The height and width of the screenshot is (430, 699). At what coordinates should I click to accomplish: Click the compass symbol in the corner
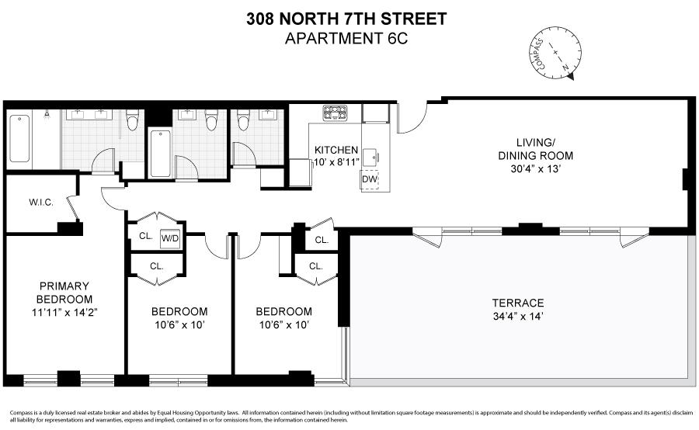click(555, 53)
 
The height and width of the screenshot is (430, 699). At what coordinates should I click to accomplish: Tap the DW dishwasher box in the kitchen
click(370, 179)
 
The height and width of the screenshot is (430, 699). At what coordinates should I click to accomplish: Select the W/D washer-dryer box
click(170, 238)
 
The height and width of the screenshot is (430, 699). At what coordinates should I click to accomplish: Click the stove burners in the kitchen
click(336, 113)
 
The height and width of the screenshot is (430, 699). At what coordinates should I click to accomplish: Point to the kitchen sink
click(370, 157)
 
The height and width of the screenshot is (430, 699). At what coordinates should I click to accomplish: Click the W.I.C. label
click(41, 203)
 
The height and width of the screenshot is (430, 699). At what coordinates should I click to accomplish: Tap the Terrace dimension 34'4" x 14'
click(518, 317)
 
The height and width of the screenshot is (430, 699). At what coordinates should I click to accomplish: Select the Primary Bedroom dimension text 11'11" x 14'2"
click(64, 312)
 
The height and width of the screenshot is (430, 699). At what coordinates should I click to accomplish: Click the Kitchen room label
click(336, 150)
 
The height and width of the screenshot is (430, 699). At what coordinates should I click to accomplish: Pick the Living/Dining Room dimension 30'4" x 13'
click(535, 169)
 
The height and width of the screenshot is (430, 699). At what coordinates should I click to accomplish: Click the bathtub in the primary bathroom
click(19, 138)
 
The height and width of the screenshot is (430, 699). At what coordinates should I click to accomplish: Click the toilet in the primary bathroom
click(132, 120)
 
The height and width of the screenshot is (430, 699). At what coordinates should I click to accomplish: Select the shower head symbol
click(47, 115)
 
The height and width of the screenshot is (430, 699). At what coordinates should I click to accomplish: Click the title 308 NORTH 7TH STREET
click(347, 19)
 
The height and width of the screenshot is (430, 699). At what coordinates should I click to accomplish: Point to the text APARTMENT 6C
click(346, 39)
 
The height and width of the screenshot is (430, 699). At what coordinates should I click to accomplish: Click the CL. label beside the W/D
click(146, 236)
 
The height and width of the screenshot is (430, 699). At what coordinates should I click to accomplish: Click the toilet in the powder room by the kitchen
click(243, 120)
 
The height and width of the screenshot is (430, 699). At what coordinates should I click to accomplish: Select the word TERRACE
click(518, 303)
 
